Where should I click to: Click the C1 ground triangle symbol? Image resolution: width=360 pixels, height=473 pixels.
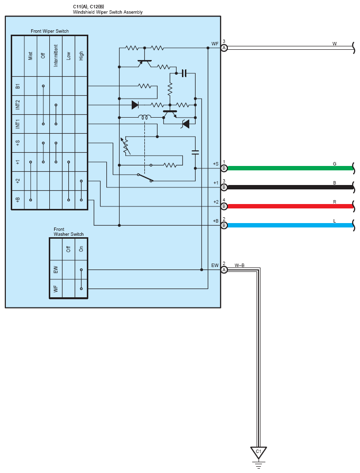coord(259,451)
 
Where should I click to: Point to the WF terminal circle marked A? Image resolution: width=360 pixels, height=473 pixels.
coord(224,48)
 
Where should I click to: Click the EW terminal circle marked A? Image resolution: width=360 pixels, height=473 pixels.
coord(224,269)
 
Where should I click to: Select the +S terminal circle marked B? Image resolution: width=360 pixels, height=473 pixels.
coord(224,168)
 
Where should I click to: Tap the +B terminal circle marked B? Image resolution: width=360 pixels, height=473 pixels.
coord(224,226)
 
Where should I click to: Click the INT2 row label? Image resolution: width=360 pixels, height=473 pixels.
coord(18,104)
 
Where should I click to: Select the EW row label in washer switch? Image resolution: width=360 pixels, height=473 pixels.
coord(56,269)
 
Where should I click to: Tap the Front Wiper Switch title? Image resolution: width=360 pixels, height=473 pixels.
coord(50,31)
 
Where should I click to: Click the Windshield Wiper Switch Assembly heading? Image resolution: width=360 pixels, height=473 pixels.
coord(107,12)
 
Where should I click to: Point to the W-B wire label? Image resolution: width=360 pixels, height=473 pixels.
coord(240,266)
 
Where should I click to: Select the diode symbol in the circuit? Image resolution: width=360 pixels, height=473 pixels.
coord(135,104)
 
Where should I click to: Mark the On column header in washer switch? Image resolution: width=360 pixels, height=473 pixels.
coord(81,248)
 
